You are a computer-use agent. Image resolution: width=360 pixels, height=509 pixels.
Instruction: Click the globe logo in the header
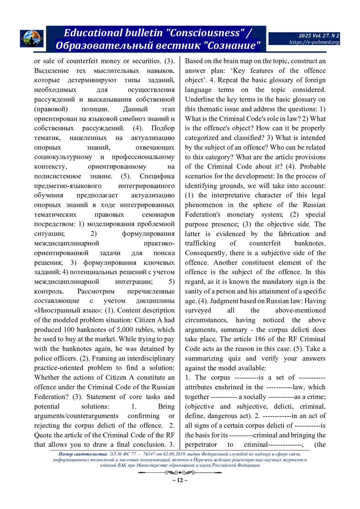pos(31,39)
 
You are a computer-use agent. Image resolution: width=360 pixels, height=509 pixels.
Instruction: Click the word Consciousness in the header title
pos(205,33)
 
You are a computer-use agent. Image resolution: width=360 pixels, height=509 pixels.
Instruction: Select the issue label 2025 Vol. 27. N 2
pos(319,36)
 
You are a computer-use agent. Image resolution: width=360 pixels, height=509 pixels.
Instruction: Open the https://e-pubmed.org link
pos(314,42)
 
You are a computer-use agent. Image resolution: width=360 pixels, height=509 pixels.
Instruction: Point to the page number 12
pos(180,481)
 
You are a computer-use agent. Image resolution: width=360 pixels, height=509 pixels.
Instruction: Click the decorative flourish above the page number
pos(180,473)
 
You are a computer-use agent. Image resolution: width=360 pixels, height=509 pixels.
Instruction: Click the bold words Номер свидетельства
pos(82,454)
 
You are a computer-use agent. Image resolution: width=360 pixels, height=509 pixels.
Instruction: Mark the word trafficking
pos(200,243)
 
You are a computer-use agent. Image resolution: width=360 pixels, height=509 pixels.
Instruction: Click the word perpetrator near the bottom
pos(201,445)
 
